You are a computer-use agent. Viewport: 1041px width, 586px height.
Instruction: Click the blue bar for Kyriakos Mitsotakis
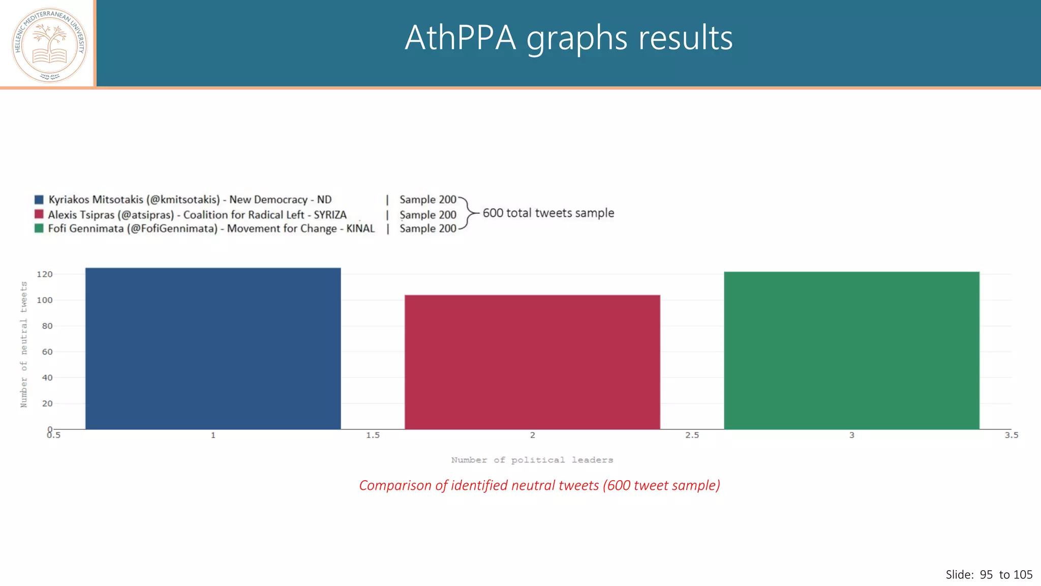pyautogui.click(x=213, y=348)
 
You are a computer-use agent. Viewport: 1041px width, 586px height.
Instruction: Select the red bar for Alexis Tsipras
pyautogui.click(x=532, y=362)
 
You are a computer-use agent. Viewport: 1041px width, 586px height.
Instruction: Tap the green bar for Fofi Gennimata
pyautogui.click(x=851, y=350)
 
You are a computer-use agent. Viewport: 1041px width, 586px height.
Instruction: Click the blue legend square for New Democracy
pyautogui.click(x=39, y=199)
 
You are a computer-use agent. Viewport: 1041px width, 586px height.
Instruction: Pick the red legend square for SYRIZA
pyautogui.click(x=39, y=214)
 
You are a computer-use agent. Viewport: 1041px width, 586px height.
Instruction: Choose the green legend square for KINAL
pyautogui.click(x=39, y=228)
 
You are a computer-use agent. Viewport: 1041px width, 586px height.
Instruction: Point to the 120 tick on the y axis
pyautogui.click(x=45, y=274)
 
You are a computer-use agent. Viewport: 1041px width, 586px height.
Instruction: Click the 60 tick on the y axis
pyautogui.click(x=47, y=352)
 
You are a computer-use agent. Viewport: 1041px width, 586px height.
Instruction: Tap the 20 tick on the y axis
pyautogui.click(x=47, y=403)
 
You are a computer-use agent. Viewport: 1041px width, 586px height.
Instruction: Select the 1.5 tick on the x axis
pyautogui.click(x=373, y=435)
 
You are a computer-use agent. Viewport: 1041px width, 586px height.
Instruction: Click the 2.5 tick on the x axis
pyautogui.click(x=692, y=435)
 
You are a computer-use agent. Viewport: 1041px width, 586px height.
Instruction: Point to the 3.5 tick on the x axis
pyautogui.click(x=1011, y=435)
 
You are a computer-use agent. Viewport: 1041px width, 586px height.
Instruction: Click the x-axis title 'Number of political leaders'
pyautogui.click(x=532, y=460)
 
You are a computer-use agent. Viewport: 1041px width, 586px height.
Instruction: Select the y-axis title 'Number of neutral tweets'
pyautogui.click(x=24, y=344)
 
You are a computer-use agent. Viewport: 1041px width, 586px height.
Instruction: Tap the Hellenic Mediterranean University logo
pyautogui.click(x=49, y=45)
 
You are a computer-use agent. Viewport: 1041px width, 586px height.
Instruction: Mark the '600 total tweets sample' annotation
pyautogui.click(x=548, y=213)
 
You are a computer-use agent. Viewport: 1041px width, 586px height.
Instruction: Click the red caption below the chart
pyautogui.click(x=539, y=485)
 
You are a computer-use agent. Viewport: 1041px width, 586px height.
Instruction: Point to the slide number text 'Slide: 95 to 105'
pyautogui.click(x=989, y=575)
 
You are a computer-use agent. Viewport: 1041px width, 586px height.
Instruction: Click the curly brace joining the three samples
pyautogui.click(x=469, y=214)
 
